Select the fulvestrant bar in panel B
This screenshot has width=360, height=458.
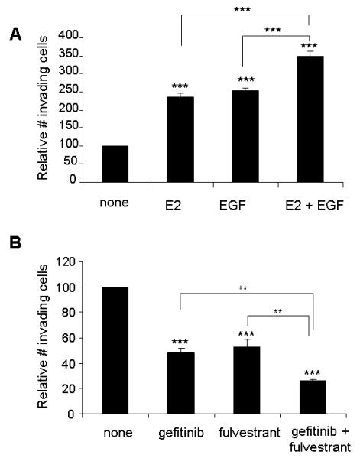pos(246,381)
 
